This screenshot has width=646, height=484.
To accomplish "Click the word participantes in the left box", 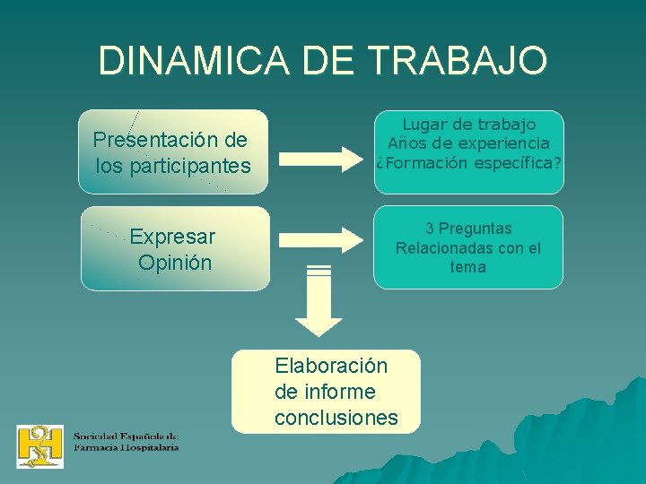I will coord(190,166).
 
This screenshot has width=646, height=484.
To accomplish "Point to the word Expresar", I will coord(172,238).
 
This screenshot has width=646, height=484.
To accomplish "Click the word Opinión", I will coord(175,263).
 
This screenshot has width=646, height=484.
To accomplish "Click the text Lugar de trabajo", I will coord(468,125).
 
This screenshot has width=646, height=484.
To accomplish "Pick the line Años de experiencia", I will coord(468,143).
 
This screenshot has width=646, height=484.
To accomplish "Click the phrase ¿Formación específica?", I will coord(468,162).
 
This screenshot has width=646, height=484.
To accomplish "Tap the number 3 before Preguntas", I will coord(431,229).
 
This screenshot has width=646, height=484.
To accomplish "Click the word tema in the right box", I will coord(468,267).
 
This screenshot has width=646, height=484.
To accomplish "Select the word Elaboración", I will coord(331,366).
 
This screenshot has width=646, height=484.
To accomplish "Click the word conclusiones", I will coord(336,418).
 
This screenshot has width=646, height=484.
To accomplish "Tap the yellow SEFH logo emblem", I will coord(40,445).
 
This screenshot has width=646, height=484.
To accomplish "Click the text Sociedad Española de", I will coord(126,436).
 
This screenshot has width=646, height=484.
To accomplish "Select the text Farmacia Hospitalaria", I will coord(126,446).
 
